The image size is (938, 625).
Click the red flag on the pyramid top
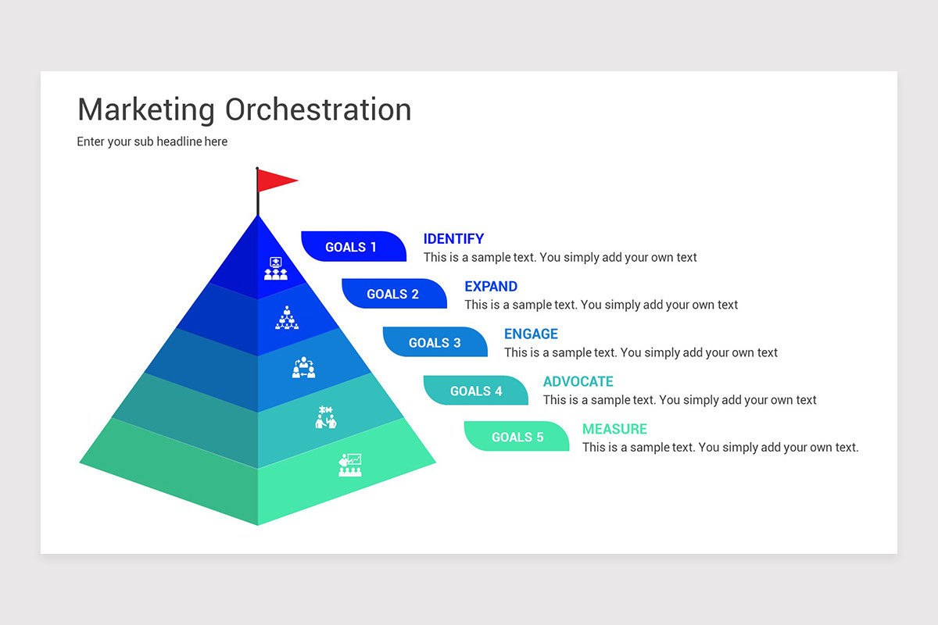coord(274,180)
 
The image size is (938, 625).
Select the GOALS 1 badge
coord(353,247)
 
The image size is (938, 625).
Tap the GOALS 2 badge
coord(393,295)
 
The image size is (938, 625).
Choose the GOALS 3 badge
coord(435,342)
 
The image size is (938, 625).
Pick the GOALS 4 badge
coord(475,391)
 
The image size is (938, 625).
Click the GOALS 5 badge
coord(517,437)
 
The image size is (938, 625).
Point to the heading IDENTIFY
coord(453,239)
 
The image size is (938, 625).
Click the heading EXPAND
coord(491,287)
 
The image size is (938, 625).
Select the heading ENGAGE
coord(531,334)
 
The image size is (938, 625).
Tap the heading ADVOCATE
coord(578,382)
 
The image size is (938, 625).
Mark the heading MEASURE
coord(614,429)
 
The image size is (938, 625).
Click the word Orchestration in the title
coord(318,109)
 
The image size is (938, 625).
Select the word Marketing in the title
coord(146,109)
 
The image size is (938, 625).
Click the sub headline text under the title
coord(152,142)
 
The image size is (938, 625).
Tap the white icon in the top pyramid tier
coord(275,269)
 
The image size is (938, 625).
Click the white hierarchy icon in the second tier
coord(287,318)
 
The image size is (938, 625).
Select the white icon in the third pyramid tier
coord(303,368)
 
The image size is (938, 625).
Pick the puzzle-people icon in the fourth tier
coord(325,417)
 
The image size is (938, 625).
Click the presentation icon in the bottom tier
coord(349,465)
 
